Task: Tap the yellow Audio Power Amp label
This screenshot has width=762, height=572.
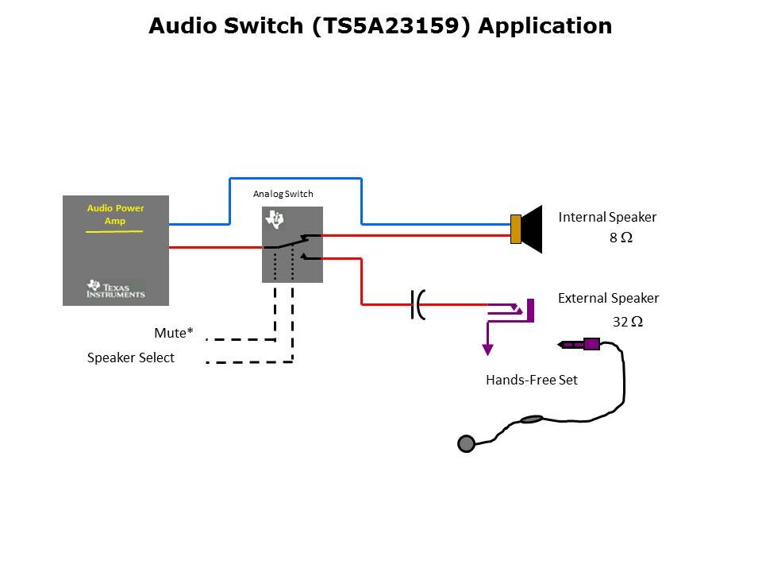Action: [x=116, y=214]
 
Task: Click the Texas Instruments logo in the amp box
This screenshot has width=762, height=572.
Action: [x=116, y=289]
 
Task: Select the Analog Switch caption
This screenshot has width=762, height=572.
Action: [x=283, y=194]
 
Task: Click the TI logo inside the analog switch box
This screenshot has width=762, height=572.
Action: [x=275, y=219]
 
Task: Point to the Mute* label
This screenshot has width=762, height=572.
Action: [x=174, y=333]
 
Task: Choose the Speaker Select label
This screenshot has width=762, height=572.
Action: [x=131, y=357]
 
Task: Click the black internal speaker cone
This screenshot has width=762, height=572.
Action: [x=532, y=229]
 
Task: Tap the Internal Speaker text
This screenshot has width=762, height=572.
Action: [x=607, y=217]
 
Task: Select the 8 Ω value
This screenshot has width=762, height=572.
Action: [x=621, y=238]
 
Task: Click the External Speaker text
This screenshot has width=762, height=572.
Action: [x=608, y=299]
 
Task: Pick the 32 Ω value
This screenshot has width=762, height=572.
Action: [x=627, y=322]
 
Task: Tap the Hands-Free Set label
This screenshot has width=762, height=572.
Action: [x=531, y=380]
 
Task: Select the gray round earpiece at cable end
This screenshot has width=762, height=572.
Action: [x=466, y=443]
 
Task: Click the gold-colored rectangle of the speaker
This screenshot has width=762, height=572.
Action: [x=515, y=229]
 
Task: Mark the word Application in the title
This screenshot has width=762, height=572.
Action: [x=545, y=26]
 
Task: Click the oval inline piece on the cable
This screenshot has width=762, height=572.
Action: [x=531, y=419]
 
